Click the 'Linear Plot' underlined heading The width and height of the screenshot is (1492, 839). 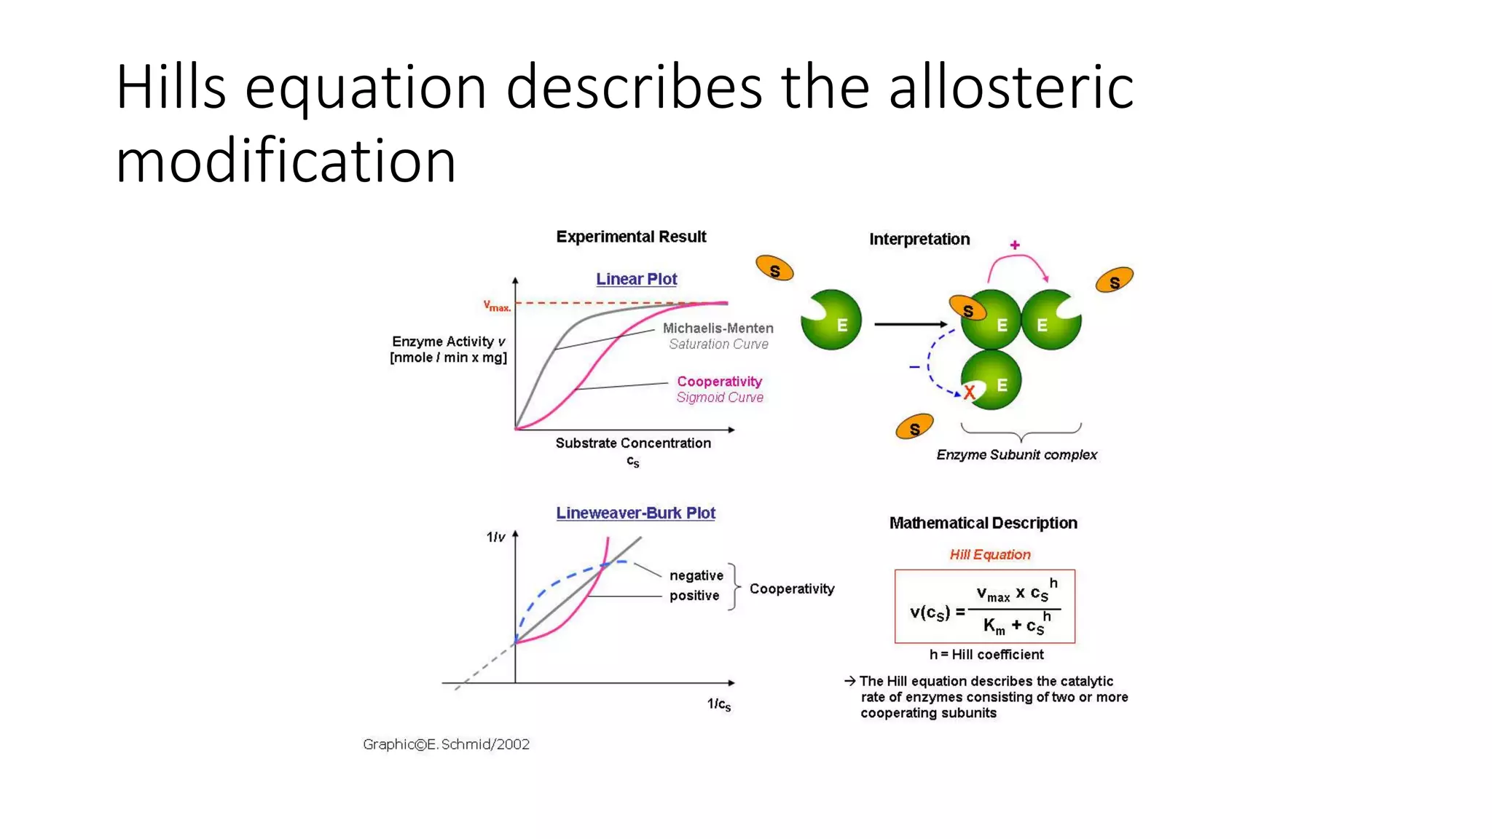tap(636, 279)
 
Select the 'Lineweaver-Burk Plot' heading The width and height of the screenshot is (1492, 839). tap(635, 513)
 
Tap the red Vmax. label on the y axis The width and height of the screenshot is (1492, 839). tap(497, 306)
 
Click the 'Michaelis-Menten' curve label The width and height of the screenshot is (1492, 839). tap(718, 328)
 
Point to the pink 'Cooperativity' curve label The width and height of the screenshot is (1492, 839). tap(719, 382)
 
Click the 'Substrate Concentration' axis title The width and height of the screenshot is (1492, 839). tap(632, 443)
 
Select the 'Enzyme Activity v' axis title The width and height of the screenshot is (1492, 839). tap(448, 342)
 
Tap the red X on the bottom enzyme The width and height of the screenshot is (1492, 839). tap(969, 393)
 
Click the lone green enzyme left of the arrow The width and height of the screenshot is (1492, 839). tap(832, 320)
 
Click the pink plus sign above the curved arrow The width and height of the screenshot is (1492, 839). tap(1015, 245)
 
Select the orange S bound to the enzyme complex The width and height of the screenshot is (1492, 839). tap(967, 310)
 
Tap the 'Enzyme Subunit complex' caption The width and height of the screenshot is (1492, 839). tap(1016, 454)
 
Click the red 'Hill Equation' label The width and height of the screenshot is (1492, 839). tap(989, 554)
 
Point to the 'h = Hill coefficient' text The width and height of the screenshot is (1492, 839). tap(986, 655)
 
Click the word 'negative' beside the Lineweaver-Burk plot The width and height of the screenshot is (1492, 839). tap(696, 575)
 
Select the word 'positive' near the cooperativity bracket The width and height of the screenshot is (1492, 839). tap(694, 596)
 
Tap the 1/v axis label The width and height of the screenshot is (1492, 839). tap(495, 537)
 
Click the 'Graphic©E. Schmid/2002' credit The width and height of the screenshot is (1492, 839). tap(446, 744)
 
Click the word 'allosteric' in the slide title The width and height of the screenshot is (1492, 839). tap(1010, 87)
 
